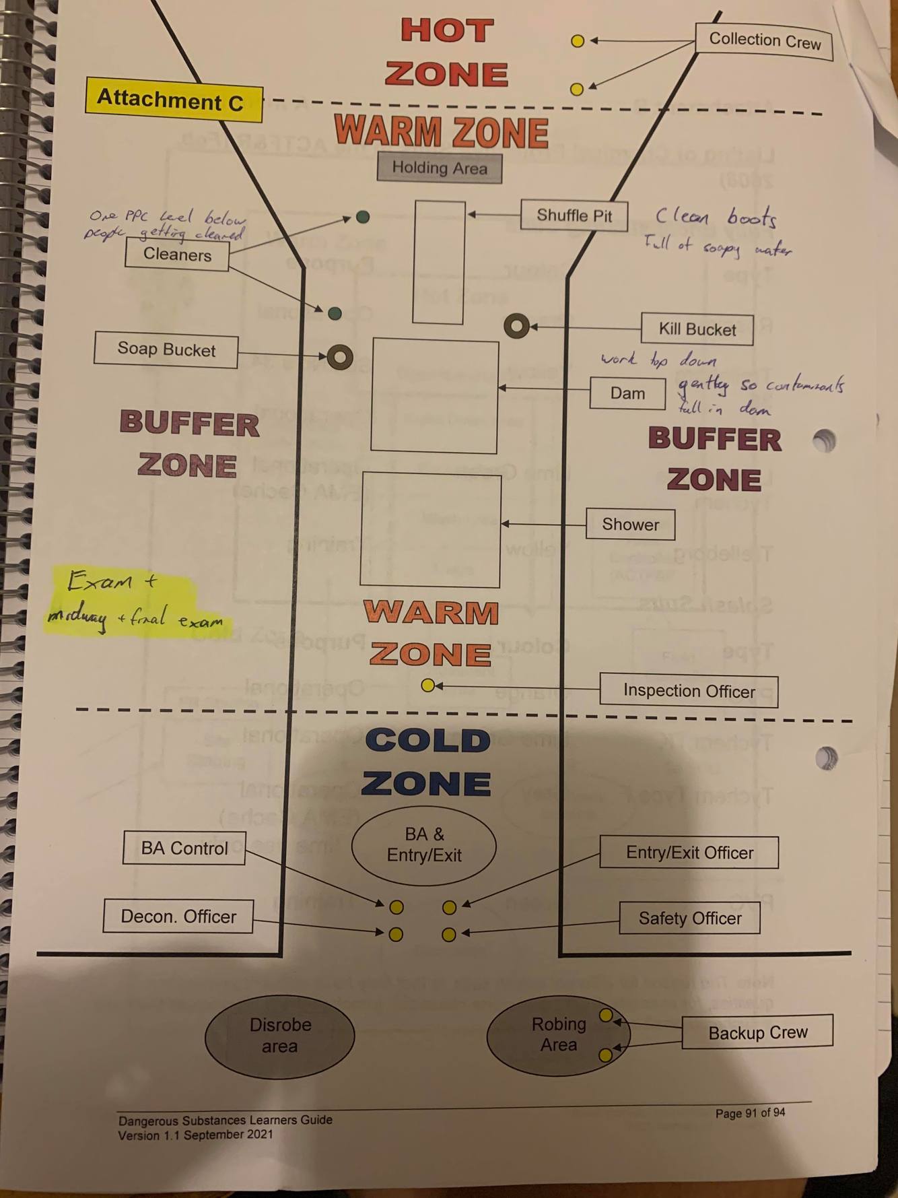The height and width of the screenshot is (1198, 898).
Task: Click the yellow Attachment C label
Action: click(173, 100)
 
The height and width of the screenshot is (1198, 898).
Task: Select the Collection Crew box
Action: click(764, 41)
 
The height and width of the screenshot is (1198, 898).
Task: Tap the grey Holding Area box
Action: click(439, 168)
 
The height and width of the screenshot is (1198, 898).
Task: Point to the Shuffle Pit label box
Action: click(574, 215)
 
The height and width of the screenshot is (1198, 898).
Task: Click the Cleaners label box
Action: click(177, 255)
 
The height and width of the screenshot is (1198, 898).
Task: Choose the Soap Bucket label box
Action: click(166, 350)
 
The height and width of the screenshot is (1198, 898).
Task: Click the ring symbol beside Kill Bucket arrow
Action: click(516, 326)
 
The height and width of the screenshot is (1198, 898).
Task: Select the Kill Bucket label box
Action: click(697, 329)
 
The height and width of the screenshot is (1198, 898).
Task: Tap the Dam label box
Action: click(627, 393)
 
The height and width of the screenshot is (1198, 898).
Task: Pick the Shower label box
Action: click(630, 525)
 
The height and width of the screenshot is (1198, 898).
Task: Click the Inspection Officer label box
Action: click(689, 691)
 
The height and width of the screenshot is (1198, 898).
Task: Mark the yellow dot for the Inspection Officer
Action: click(427, 686)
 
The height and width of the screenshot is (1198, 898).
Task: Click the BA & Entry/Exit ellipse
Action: click(424, 845)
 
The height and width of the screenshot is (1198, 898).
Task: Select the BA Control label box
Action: click(184, 848)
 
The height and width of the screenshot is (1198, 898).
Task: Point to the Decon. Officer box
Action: click(178, 917)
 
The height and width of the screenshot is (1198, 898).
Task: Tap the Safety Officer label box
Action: click(689, 918)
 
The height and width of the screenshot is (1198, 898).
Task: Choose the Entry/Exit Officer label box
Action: click(689, 853)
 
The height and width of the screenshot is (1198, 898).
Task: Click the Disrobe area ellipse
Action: click(279, 1036)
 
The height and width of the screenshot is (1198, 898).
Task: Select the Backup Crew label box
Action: click(757, 1032)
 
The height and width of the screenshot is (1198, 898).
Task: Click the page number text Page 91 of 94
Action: click(750, 1113)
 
